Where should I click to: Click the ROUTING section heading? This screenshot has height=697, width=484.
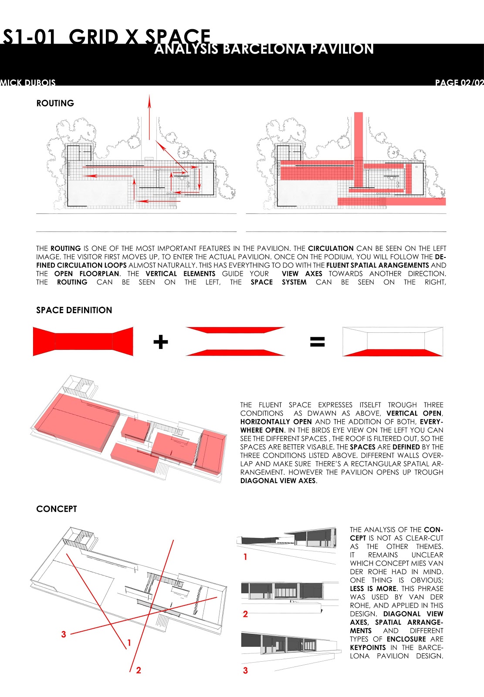click(x=55, y=103)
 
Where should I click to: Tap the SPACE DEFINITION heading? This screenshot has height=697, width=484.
click(x=74, y=310)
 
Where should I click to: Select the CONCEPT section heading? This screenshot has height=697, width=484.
click(x=57, y=509)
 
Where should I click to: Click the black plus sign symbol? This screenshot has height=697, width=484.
click(x=160, y=342)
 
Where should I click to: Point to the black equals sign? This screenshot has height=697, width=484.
click(x=317, y=342)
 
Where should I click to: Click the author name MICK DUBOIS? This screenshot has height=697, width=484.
click(x=28, y=82)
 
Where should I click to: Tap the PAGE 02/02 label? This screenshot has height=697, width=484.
click(x=459, y=82)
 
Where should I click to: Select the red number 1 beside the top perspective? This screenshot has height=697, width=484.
click(x=245, y=557)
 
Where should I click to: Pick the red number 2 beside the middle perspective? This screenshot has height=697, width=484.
click(x=245, y=614)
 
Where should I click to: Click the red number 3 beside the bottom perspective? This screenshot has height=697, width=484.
click(x=245, y=670)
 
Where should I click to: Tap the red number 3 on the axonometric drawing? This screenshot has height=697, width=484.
click(x=64, y=634)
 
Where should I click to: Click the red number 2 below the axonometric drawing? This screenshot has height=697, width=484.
click(x=139, y=670)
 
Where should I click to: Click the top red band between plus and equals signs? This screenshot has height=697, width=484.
click(x=235, y=330)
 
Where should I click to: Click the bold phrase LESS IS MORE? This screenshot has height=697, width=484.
click(x=373, y=589)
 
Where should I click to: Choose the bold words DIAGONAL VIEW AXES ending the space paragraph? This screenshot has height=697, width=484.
click(x=278, y=481)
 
